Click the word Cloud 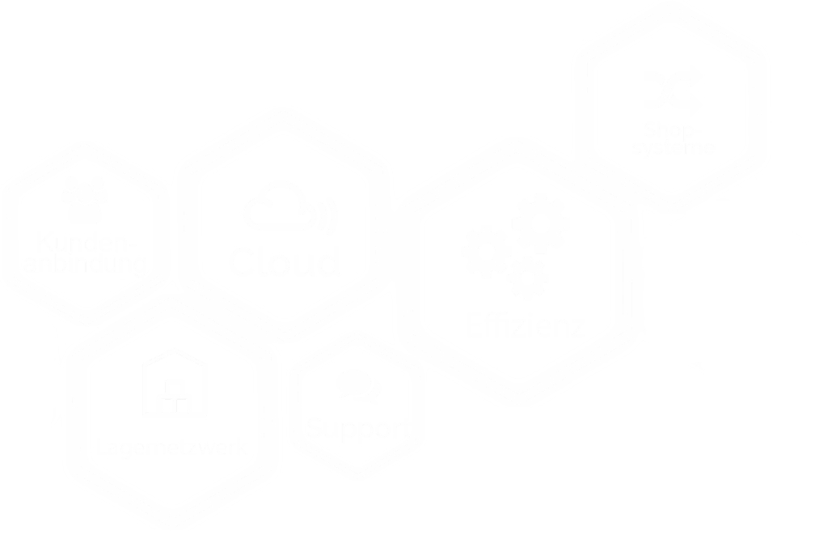pos(285,262)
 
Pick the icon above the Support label pos(359,384)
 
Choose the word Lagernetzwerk pos(170,446)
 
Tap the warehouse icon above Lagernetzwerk pos(175,385)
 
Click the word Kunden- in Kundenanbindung pos(83,242)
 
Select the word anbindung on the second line pos(84,264)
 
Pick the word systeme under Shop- pos(673,149)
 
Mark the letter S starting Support pos(315,427)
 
